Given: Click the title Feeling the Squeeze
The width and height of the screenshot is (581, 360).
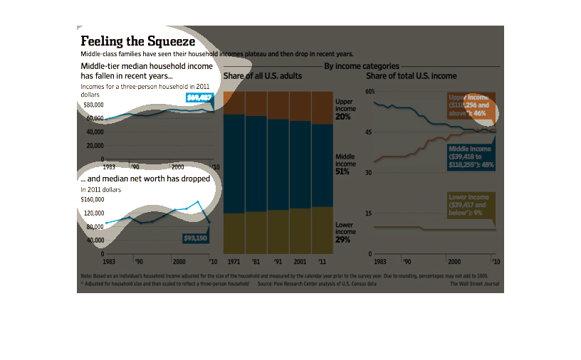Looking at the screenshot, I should tap(138, 41).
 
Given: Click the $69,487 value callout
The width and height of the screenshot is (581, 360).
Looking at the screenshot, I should tap(199, 97).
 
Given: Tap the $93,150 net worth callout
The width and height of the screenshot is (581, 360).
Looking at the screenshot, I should tap(195, 238).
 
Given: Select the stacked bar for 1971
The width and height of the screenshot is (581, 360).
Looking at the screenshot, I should tap(234, 172).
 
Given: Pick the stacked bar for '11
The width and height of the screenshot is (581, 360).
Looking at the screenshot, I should tap(322, 172).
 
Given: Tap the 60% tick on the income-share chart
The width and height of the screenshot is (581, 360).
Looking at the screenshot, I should tap(370, 92).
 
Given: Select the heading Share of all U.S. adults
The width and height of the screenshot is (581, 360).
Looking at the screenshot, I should tap(263, 75).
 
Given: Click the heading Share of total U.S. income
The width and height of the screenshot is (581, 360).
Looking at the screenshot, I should tap(412, 75).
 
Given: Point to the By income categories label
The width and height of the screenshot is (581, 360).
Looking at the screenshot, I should tap(362, 66).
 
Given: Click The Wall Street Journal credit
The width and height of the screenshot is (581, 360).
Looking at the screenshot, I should tap(474, 283).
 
